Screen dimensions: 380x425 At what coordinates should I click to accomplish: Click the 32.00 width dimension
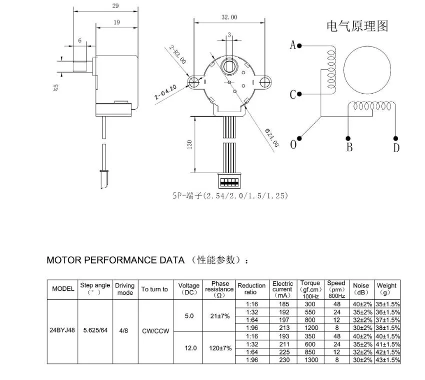(x=229, y=17)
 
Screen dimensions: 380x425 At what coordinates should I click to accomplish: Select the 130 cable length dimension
(x=189, y=144)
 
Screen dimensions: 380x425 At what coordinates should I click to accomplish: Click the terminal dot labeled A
(x=299, y=46)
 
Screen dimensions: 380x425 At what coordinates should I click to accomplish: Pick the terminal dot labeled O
(x=299, y=138)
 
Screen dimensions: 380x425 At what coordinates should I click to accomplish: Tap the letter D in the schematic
(x=396, y=147)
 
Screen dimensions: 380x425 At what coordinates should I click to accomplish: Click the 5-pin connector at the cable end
(x=229, y=180)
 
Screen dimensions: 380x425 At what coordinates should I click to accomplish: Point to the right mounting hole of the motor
(x=264, y=82)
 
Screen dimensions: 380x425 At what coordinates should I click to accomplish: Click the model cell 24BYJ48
(x=62, y=331)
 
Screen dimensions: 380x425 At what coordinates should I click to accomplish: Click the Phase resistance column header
(x=219, y=289)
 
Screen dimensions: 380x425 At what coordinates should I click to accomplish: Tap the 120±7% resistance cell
(x=219, y=347)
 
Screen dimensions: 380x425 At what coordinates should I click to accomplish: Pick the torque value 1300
(x=310, y=359)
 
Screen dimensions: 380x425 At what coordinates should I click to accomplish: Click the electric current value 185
(x=282, y=303)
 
